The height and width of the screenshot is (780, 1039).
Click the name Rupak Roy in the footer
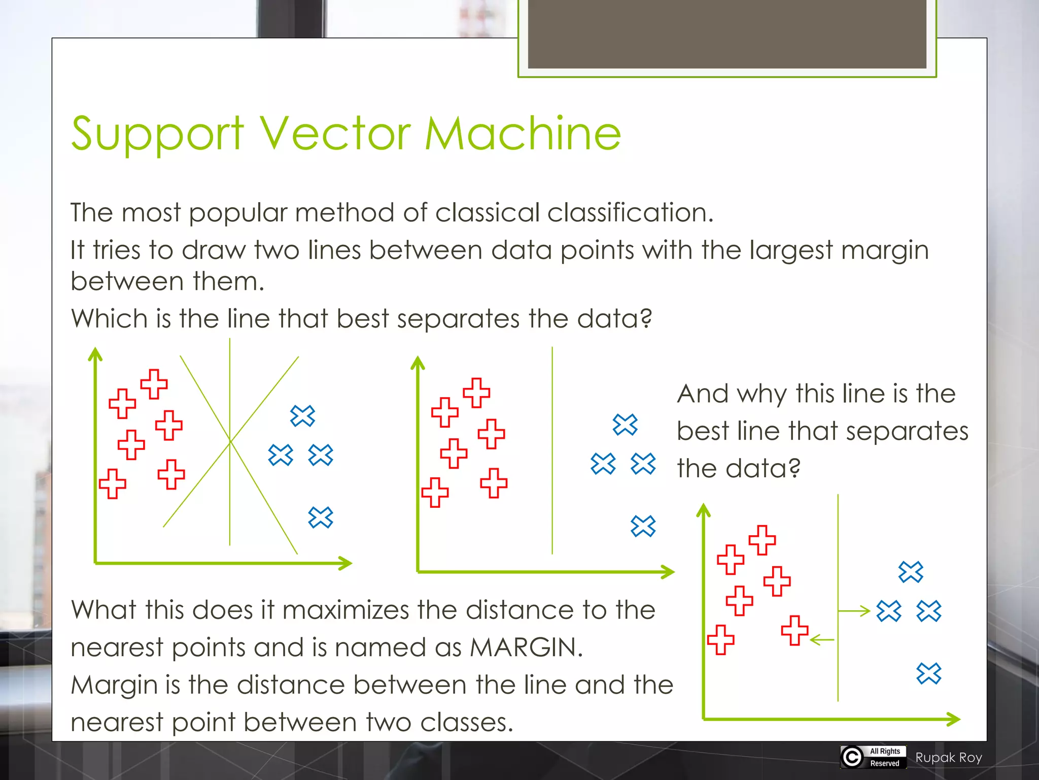point(949,758)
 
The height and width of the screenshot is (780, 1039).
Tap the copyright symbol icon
point(852,757)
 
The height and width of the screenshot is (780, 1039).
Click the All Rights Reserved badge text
point(885,757)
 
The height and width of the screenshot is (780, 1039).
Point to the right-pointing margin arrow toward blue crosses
point(855,611)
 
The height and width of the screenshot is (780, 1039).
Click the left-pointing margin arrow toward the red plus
point(822,640)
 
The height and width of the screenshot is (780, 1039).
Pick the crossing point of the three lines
point(230,442)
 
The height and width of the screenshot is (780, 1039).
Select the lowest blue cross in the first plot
point(321,517)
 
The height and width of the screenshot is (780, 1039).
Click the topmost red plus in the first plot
point(154,384)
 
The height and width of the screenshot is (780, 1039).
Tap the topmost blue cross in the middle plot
point(625,425)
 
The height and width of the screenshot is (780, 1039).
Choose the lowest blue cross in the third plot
point(929,673)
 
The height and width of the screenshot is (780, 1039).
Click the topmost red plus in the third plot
point(762,540)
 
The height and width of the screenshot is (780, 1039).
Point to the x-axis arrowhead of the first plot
point(347,563)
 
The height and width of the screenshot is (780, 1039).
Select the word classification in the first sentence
point(629,212)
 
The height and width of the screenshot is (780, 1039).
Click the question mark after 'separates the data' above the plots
point(646,319)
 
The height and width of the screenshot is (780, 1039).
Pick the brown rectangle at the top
point(726,34)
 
